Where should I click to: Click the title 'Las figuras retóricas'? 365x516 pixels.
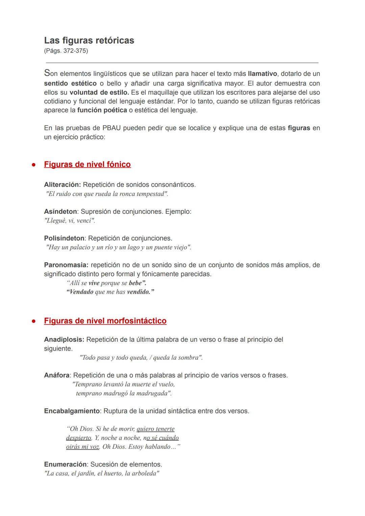click(x=89, y=41)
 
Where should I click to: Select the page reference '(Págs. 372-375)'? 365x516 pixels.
click(x=66, y=51)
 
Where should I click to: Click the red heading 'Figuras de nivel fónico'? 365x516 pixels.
click(x=87, y=164)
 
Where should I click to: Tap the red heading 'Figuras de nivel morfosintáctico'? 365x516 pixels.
click(x=105, y=321)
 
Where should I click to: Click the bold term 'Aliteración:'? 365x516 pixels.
click(x=62, y=185)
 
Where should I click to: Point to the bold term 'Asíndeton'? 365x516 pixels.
click(x=60, y=211)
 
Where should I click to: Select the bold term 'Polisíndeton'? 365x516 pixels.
click(x=64, y=238)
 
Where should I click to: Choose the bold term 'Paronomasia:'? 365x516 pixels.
click(x=66, y=265)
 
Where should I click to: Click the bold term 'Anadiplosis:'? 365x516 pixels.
click(x=64, y=339)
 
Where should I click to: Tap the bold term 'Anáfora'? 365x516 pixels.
click(x=57, y=375)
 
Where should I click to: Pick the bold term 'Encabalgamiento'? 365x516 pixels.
click(x=72, y=411)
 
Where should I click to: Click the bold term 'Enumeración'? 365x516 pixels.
click(x=65, y=464)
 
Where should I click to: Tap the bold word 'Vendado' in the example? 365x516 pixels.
click(x=80, y=292)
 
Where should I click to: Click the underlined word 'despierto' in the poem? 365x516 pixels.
click(x=79, y=438)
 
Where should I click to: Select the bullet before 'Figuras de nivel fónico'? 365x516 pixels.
click(x=34, y=165)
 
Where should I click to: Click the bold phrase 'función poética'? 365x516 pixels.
click(x=102, y=110)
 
